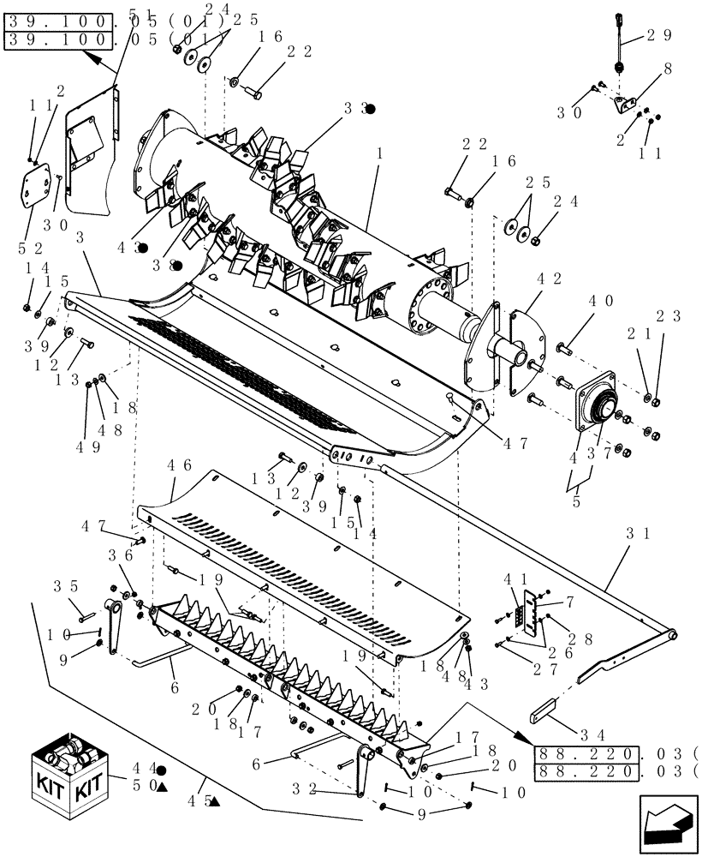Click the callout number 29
point(659,35)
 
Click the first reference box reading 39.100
point(58,20)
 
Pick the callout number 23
point(669,315)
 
